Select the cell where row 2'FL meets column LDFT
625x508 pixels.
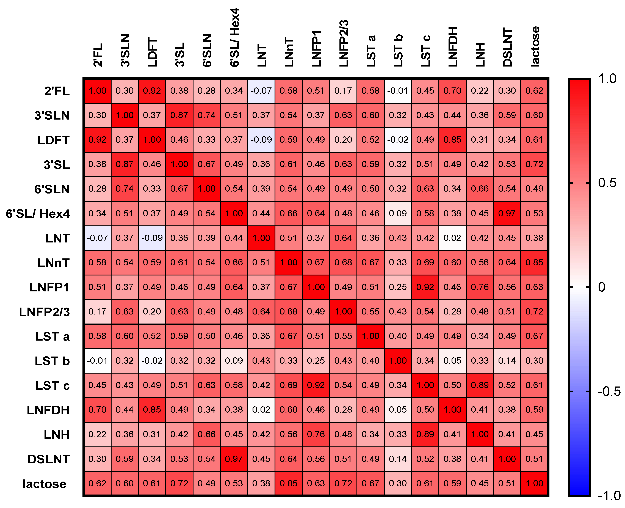tap(152, 91)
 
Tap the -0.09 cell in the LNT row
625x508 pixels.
tap(152, 238)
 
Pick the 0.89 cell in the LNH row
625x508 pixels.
tap(425, 434)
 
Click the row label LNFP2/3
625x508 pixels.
tap(45, 312)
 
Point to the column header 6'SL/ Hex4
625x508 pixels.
tap(234, 37)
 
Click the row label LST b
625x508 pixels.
tap(52, 361)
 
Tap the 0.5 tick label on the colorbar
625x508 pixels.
tap(607, 183)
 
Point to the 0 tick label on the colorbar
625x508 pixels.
tap(602, 287)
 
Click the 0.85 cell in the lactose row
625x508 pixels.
tap(289, 483)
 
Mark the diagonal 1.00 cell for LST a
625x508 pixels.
tap(370, 336)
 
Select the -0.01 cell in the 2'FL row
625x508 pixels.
tap(398, 91)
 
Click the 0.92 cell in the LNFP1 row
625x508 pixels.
tap(425, 287)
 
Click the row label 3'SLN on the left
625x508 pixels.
tap(52, 116)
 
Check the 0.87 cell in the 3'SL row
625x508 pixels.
tap(125, 164)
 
